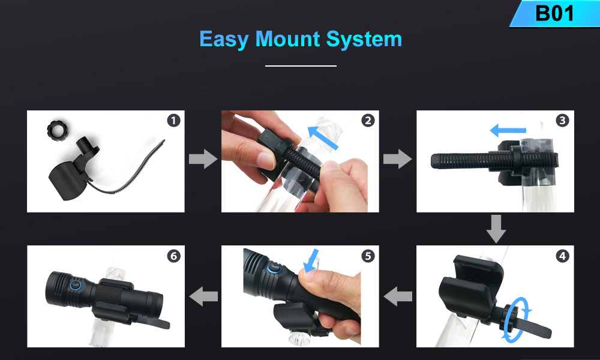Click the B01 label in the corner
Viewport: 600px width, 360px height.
pyautogui.click(x=554, y=13)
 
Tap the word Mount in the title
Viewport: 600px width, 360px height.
pyautogui.click(x=288, y=39)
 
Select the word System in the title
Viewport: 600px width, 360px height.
pyautogui.click(x=364, y=40)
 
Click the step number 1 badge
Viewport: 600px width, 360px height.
pyautogui.click(x=174, y=121)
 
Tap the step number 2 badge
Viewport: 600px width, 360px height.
pyautogui.click(x=368, y=121)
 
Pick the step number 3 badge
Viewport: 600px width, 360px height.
pyautogui.click(x=563, y=121)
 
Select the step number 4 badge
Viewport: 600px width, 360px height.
pyautogui.click(x=563, y=256)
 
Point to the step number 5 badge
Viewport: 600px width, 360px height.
pyautogui.click(x=368, y=256)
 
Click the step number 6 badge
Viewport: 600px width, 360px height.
pyautogui.click(x=174, y=256)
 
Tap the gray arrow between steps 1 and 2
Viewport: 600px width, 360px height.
pyautogui.click(x=203, y=159)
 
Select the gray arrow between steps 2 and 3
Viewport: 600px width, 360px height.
pyautogui.click(x=398, y=159)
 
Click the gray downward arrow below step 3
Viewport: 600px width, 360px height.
pyautogui.click(x=496, y=229)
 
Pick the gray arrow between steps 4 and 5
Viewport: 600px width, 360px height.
pyautogui.click(x=398, y=296)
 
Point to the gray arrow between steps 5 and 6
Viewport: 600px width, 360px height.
pyautogui.click(x=203, y=296)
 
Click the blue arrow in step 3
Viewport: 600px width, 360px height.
pyautogui.click(x=508, y=130)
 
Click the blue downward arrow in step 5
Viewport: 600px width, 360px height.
pyautogui.click(x=311, y=260)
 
